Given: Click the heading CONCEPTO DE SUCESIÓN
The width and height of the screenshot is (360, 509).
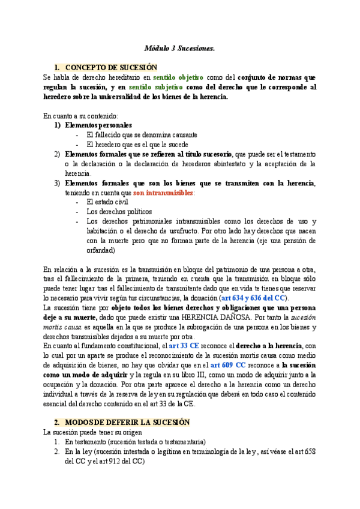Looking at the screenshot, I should coord(112,67).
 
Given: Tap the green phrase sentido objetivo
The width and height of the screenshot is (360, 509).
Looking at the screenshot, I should coord(178,77).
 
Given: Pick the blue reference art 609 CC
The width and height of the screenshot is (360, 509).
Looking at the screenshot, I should coord(228,366).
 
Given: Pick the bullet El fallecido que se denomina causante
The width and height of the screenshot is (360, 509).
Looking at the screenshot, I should coord(142,135).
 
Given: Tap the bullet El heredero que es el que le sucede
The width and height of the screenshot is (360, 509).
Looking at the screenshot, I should coord(137,145).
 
